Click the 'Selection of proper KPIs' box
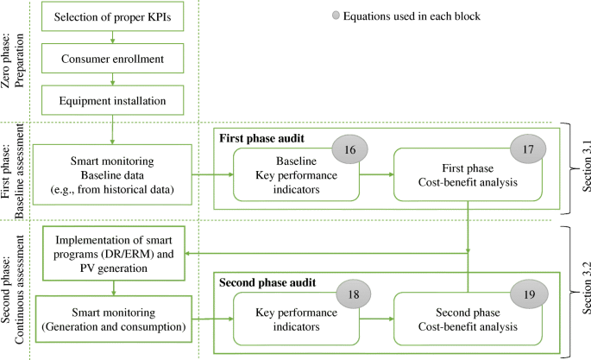[x=113, y=17]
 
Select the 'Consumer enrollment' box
[x=113, y=59]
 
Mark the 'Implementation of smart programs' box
[x=113, y=253]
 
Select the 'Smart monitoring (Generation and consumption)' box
[x=113, y=320]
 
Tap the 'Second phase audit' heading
[x=263, y=282]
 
